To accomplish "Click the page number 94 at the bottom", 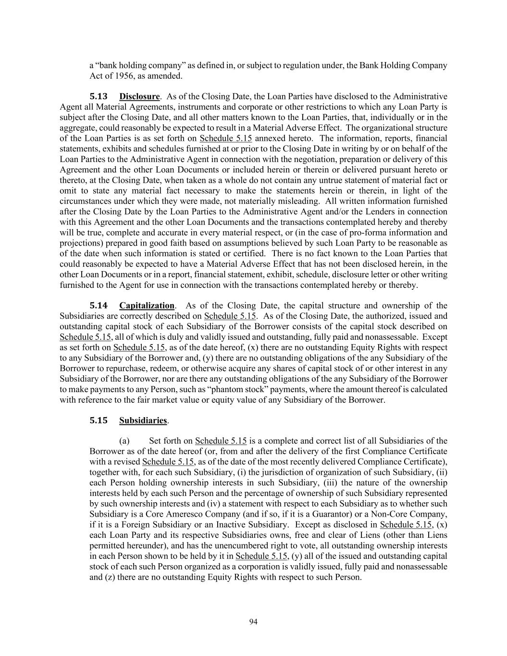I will (253, 622).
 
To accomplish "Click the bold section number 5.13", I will (99, 97).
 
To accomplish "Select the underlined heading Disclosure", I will (139, 97).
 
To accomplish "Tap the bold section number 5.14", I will (99, 306).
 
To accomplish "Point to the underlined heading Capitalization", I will (147, 306).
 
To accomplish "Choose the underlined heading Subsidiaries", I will (143, 421).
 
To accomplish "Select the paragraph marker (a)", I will (124, 441).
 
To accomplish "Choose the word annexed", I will (271, 138).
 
